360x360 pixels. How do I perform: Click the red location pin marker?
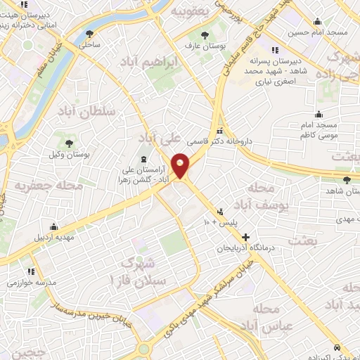coord(181,165)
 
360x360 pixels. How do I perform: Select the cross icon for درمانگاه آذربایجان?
coord(245,237)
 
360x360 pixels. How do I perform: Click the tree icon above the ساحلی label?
coord(89,33)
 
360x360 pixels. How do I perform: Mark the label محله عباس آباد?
coord(264,317)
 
